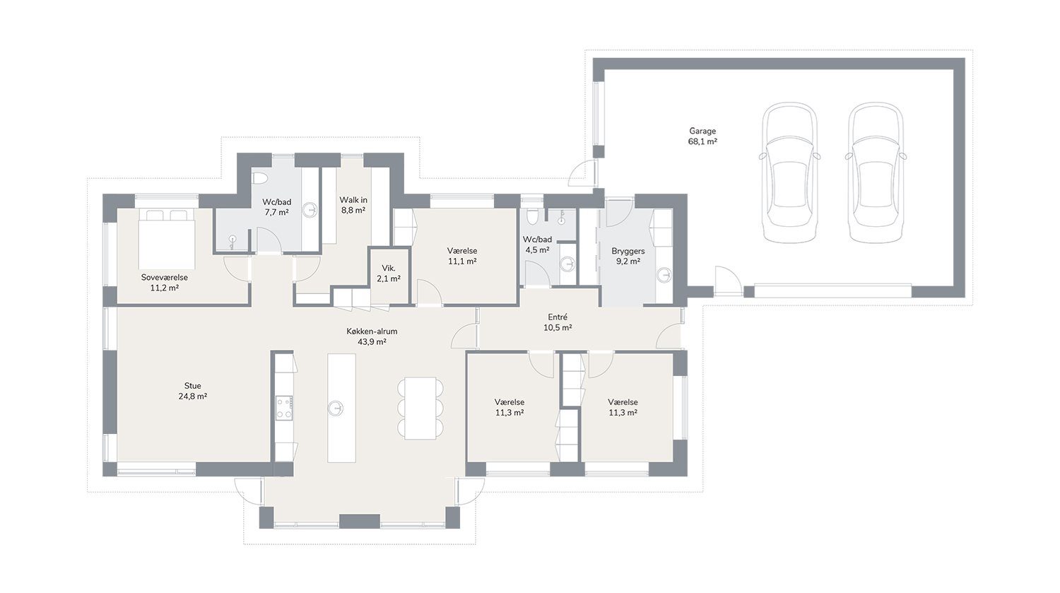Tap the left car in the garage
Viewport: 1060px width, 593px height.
789,172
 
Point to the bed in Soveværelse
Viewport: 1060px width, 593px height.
167,238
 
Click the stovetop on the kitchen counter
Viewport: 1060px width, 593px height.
284,408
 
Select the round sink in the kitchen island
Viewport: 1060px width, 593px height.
336,408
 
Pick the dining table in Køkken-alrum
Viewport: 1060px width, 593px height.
420,408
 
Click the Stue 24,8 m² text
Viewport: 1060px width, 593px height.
193,391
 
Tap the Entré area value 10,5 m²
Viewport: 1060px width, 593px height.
558,327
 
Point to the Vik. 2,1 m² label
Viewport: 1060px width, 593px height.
389,274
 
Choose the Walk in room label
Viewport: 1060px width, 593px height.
353,200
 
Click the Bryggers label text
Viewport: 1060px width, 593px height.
628,251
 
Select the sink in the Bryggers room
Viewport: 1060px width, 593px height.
664,274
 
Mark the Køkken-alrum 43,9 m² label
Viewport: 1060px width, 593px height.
372,336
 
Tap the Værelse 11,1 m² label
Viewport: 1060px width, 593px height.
462,256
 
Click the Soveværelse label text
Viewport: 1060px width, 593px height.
164,277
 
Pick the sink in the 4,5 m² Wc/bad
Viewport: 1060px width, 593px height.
567,264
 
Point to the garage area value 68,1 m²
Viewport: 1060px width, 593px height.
702,141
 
